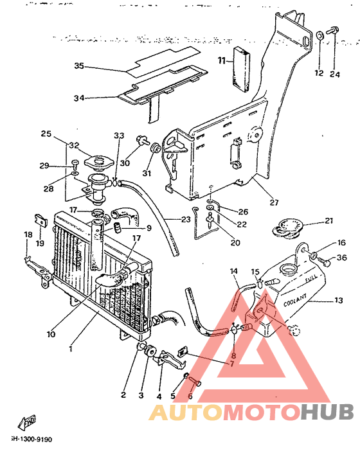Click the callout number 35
pos(79,66)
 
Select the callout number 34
pos(79,98)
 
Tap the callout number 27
pos(274,202)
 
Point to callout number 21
pos(329,221)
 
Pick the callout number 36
pos(342,258)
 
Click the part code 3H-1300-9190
pos(30,440)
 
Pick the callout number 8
pos(233,355)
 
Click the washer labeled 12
pos(319,34)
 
